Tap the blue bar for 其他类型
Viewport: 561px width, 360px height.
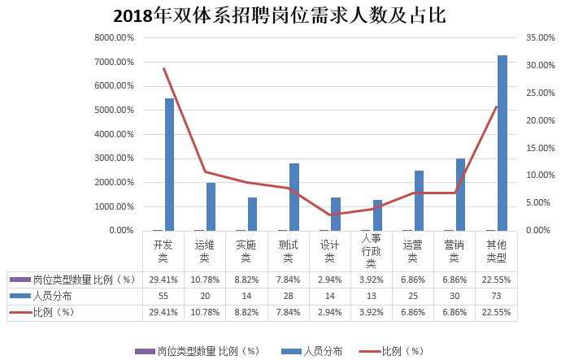tap(502, 143)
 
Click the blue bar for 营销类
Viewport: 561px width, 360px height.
tap(460, 194)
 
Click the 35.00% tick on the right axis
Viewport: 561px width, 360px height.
tap(541, 37)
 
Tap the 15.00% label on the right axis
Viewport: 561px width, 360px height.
tap(541, 148)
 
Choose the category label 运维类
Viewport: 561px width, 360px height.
tap(205, 250)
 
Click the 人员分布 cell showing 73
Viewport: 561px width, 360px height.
tap(495, 296)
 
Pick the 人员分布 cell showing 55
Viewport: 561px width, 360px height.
tap(163, 296)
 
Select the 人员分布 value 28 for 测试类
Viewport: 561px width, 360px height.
tap(288, 296)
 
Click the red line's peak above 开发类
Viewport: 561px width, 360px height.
tap(163, 69)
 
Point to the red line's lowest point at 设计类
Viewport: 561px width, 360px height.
tap(329, 215)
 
